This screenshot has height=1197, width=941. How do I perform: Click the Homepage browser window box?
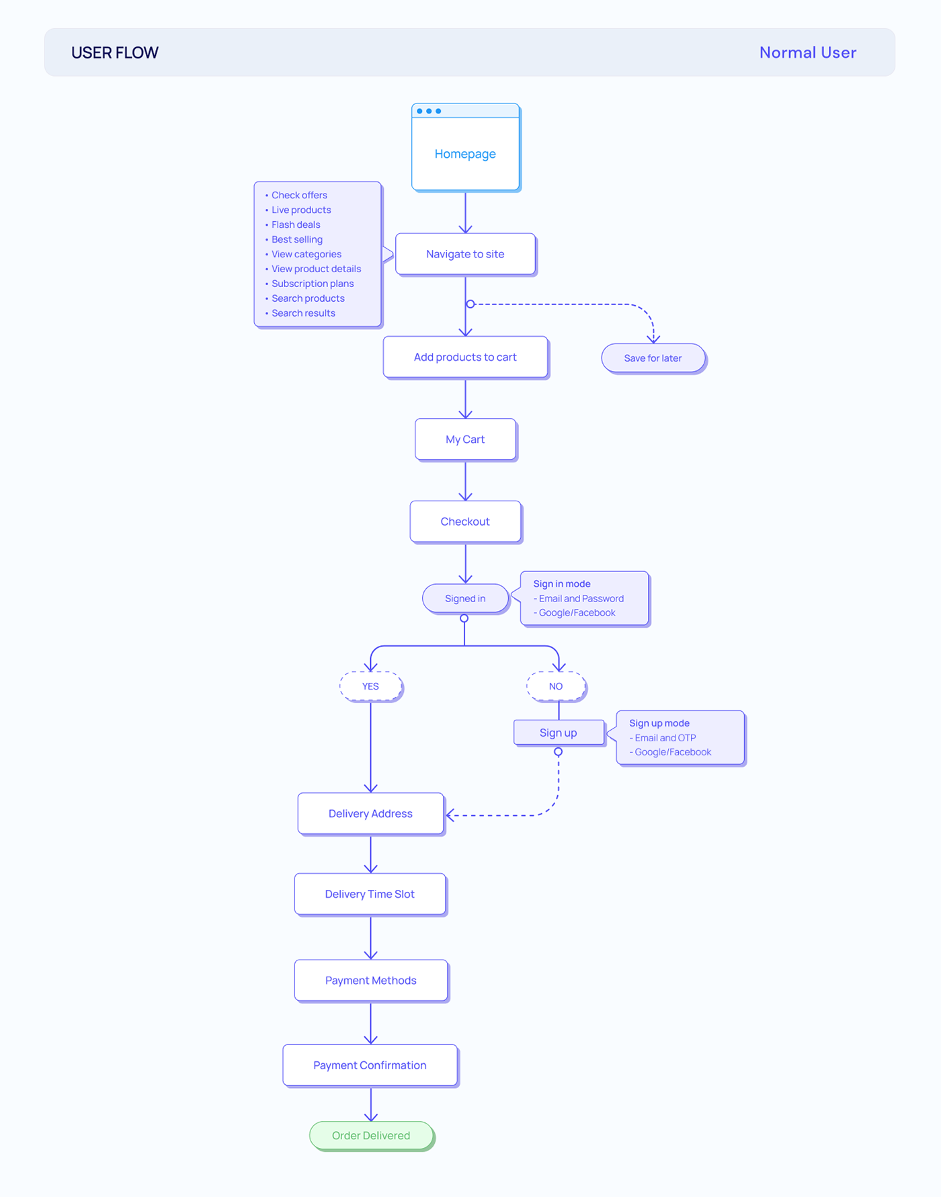(x=466, y=148)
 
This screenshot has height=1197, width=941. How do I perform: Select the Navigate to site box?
(x=466, y=255)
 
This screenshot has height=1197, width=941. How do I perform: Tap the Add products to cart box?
(x=466, y=358)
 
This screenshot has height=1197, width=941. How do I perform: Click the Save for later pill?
(x=653, y=358)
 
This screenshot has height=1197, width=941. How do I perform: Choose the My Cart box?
(x=466, y=440)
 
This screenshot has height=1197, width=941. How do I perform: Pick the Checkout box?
(x=466, y=522)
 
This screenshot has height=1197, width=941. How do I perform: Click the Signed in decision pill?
(x=465, y=599)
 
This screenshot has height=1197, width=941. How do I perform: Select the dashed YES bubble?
(x=371, y=686)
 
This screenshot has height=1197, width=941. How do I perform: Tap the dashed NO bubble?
(x=556, y=686)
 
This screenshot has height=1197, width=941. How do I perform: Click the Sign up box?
(x=559, y=733)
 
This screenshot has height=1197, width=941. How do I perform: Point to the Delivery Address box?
(x=371, y=814)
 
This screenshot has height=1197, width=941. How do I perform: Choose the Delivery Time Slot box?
(x=370, y=895)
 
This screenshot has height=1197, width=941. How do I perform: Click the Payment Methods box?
(x=371, y=981)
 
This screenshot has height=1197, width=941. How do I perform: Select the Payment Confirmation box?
(x=370, y=1065)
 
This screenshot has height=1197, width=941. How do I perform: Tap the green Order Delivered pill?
(x=372, y=1136)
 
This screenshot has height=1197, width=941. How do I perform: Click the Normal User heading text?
(x=808, y=52)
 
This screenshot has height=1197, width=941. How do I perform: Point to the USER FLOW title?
(x=115, y=52)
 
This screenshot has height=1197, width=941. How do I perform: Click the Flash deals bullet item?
(x=296, y=224)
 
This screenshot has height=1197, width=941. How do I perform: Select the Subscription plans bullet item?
(x=313, y=284)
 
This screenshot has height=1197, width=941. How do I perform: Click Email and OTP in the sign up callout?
(x=665, y=738)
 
